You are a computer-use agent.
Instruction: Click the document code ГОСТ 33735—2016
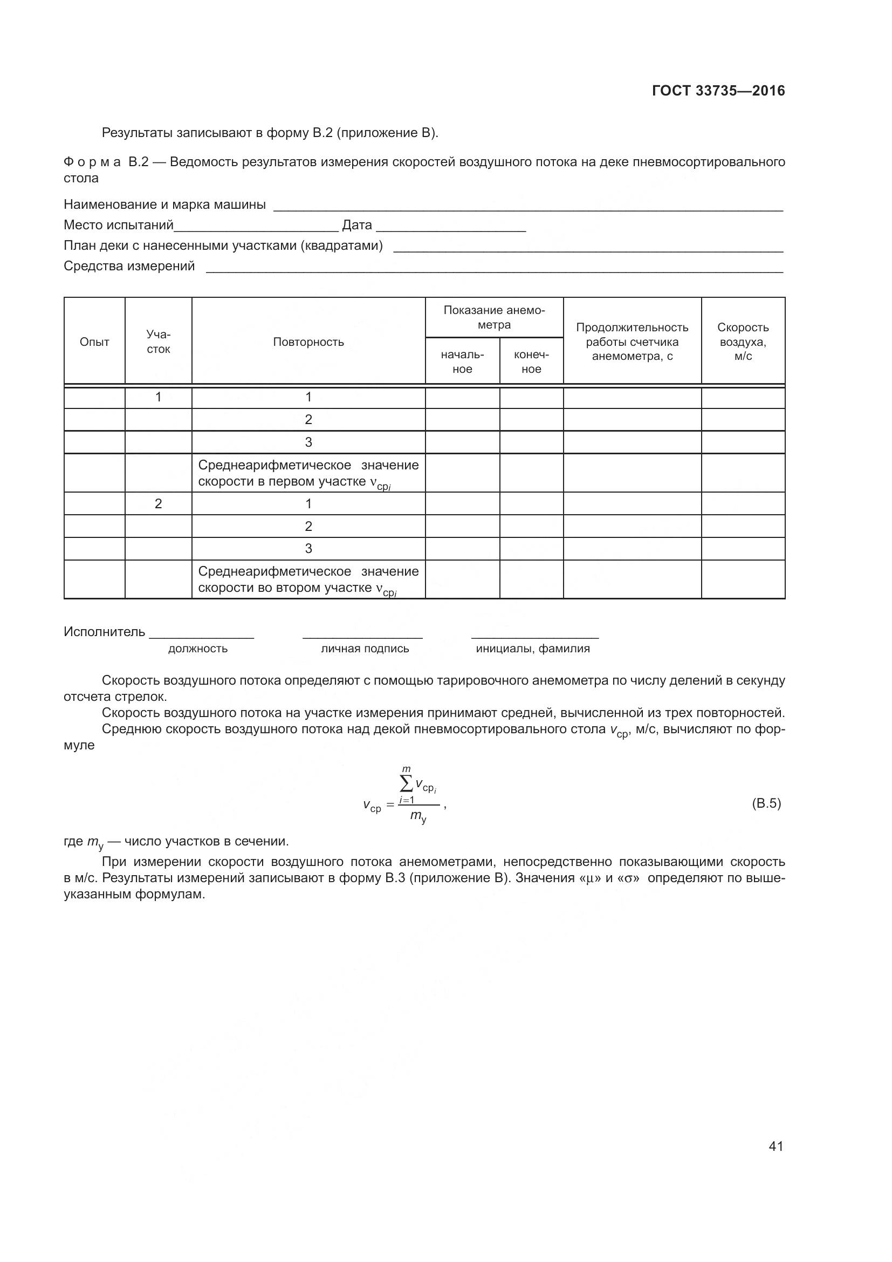coord(718,91)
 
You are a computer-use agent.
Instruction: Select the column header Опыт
coord(94,342)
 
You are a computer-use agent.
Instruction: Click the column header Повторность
coord(308,342)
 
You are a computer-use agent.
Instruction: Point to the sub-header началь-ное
coord(462,361)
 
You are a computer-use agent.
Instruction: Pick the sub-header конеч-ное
coord(531,361)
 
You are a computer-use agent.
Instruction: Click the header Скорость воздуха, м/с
coord(743,342)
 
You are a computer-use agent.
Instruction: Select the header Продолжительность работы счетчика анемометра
coord(632,342)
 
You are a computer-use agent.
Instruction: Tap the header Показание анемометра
coord(494,318)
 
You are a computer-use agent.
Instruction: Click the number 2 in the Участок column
coord(158,503)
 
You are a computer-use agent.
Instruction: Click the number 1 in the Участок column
coord(158,397)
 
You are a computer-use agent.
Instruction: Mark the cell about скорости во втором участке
coord(308,580)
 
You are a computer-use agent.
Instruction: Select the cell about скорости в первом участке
coord(308,473)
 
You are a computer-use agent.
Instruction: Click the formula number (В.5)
coord(766,803)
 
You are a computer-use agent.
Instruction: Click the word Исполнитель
coord(105,632)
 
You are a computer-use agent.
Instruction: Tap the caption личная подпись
coord(365,649)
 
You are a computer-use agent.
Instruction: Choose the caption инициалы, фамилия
coord(533,649)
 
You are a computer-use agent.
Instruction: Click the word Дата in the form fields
coord(357,225)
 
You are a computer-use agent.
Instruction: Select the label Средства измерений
coord(129,266)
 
